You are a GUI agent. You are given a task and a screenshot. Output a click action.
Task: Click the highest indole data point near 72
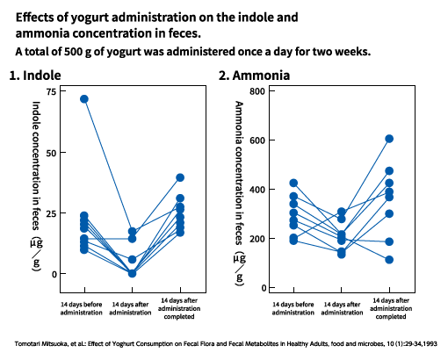(84, 99)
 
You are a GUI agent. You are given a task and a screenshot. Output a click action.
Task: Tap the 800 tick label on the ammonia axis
(257, 91)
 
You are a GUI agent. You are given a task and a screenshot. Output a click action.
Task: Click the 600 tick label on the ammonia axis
(257, 140)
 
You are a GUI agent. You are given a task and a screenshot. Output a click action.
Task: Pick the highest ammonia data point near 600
(389, 139)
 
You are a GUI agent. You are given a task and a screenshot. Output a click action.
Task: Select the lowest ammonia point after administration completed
(389, 260)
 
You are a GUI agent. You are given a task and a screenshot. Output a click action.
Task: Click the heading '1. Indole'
(35, 76)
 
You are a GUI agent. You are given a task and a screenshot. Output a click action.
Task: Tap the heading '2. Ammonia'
(254, 76)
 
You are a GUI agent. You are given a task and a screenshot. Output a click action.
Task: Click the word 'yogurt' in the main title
(90, 18)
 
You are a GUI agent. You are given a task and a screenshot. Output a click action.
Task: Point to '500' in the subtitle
(70, 52)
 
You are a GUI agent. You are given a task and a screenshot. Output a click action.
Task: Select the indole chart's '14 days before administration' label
(82, 308)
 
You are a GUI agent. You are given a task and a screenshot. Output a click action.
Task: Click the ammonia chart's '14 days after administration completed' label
(391, 308)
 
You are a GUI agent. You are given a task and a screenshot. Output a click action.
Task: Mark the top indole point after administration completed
(180, 177)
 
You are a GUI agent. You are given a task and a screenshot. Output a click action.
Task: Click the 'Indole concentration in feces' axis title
(36, 166)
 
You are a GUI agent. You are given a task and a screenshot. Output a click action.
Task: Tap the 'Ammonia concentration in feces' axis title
(239, 173)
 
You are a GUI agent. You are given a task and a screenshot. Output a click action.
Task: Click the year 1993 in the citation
(430, 343)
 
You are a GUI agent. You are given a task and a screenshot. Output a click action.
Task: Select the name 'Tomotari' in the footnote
(25, 343)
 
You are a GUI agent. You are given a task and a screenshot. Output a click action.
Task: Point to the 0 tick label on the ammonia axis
(264, 288)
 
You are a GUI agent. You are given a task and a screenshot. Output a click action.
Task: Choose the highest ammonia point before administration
(293, 184)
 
